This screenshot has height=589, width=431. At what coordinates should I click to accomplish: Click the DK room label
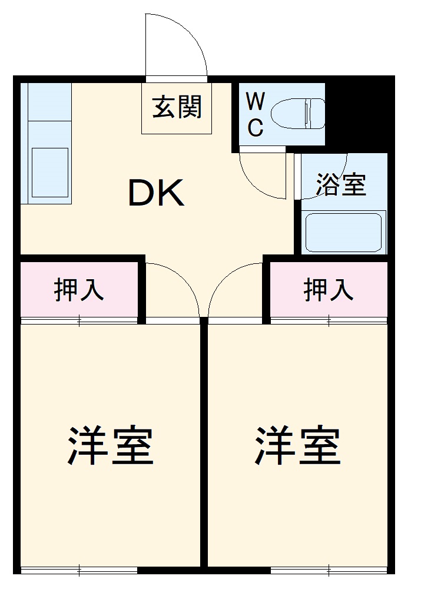157,193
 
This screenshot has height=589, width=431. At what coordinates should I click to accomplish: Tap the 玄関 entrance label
177,107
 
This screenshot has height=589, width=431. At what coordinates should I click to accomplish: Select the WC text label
254,115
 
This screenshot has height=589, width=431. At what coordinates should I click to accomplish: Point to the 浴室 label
341,184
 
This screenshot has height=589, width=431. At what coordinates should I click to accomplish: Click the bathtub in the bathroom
344,232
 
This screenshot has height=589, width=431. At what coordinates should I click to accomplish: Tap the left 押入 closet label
79,290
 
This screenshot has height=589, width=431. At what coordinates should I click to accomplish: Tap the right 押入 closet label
329,290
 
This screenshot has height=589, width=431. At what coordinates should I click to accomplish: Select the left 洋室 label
111,446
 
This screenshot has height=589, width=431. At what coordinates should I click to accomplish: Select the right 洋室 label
298,446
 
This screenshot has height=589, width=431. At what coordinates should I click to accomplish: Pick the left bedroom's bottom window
79,570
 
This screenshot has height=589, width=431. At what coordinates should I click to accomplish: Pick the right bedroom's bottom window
329,570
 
